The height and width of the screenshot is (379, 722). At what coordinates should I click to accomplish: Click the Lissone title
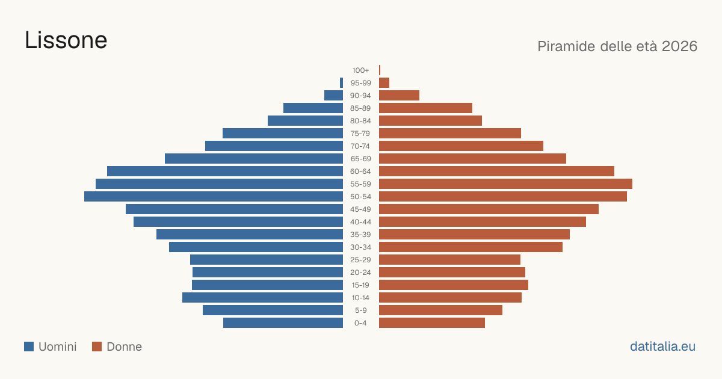click(66, 40)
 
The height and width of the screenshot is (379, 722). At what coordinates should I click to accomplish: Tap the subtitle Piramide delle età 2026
click(617, 46)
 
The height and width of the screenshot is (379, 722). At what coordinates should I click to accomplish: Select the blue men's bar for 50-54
click(214, 197)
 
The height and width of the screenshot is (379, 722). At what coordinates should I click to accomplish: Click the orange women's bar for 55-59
click(506, 184)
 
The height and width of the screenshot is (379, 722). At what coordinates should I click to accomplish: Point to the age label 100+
click(360, 70)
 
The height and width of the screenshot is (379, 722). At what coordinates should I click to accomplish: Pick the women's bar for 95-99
click(384, 83)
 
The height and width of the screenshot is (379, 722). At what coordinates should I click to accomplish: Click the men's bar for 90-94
click(333, 96)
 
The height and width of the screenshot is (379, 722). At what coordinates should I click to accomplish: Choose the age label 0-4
click(360, 323)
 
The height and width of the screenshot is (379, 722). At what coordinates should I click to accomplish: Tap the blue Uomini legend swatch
click(29, 347)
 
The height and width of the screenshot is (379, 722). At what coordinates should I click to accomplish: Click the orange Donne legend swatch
click(97, 347)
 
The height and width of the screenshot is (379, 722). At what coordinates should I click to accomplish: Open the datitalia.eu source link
click(662, 347)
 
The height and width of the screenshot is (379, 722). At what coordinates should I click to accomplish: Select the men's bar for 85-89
click(313, 108)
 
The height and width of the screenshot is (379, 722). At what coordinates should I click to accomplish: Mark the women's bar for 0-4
click(432, 323)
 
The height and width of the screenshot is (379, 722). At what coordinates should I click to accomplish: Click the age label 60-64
click(360, 171)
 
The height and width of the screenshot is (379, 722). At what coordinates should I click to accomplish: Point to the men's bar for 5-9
click(273, 310)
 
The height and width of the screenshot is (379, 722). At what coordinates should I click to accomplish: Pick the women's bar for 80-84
click(430, 121)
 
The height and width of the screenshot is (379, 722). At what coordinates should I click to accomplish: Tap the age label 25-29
click(360, 260)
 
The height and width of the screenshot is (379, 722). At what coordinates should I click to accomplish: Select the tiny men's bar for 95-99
click(341, 83)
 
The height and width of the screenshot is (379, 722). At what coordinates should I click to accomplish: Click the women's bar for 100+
click(380, 70)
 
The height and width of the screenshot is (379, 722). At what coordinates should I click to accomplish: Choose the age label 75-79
click(360, 134)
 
